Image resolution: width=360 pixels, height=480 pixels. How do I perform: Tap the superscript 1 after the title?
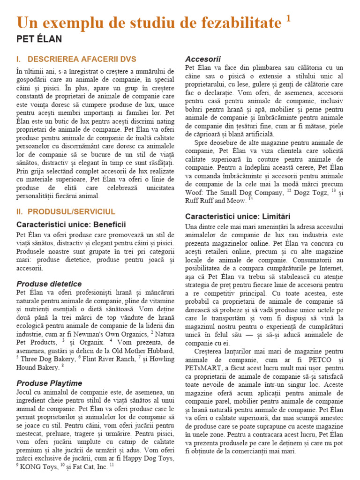tap(288, 18)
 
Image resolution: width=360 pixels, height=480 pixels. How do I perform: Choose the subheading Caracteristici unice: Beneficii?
tap(71, 225)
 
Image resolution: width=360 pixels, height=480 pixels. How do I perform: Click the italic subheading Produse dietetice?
tap(49, 284)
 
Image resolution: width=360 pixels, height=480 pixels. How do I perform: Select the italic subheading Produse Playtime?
tap(49, 383)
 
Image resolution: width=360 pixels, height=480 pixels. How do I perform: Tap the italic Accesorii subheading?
tap(203, 59)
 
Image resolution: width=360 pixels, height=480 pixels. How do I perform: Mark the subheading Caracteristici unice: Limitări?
tap(238, 217)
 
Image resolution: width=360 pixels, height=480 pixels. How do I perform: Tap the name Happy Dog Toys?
tap(143, 458)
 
